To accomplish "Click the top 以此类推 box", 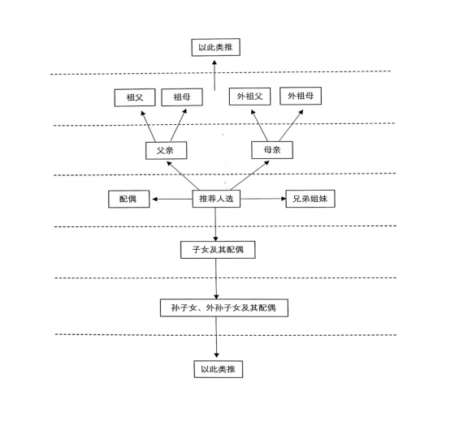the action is point(215,47).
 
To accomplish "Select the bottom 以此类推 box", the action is point(219,369).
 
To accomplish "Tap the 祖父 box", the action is point(135,97).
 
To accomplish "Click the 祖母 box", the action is point(182,97).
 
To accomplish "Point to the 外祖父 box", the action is point(250,97).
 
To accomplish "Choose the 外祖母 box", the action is point(301,96).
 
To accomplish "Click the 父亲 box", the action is point(166,150).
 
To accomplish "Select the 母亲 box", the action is point(272,150).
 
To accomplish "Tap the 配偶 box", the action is point(129,199).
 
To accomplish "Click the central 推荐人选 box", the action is point(216,199).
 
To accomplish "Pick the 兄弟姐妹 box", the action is point(310,199).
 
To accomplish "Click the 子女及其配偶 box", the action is point(218,250).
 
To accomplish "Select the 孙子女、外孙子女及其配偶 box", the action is point(224,307).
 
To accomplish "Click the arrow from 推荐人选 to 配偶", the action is point(172,199).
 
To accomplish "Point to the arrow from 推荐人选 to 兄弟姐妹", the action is point(263,199).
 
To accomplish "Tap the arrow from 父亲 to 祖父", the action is point(148,126).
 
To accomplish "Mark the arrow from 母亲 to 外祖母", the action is point(291,126).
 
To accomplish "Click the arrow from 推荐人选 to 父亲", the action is point(183,176).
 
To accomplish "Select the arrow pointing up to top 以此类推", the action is point(214,75).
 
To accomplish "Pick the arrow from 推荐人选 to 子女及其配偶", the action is point(215,225).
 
